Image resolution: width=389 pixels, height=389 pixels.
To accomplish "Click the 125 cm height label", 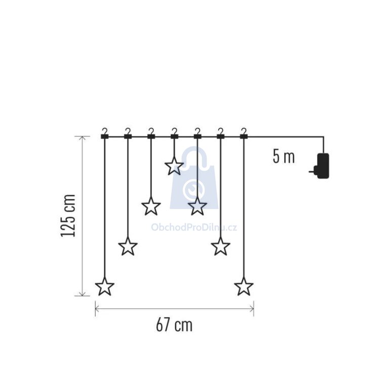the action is pyautogui.click(x=68, y=216).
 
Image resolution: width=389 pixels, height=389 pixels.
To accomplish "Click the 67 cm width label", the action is pyautogui.click(x=174, y=325).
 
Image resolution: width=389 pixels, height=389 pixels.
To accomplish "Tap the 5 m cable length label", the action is pyautogui.click(x=284, y=157).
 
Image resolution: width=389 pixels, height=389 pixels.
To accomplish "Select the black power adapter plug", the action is pyautogui.click(x=321, y=166).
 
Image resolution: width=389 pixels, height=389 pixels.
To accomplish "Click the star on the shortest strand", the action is pyautogui.click(x=174, y=166).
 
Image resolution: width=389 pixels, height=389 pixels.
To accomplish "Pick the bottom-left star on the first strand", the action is pyautogui.click(x=105, y=287).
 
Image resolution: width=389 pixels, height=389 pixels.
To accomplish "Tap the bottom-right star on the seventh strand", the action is pyautogui.click(x=244, y=287).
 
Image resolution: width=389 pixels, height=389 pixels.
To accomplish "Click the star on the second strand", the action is pyautogui.click(x=128, y=246).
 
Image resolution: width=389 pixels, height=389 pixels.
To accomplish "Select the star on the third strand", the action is pyautogui.click(x=151, y=206).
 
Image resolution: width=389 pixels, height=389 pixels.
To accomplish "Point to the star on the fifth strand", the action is pyautogui.click(x=198, y=206).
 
